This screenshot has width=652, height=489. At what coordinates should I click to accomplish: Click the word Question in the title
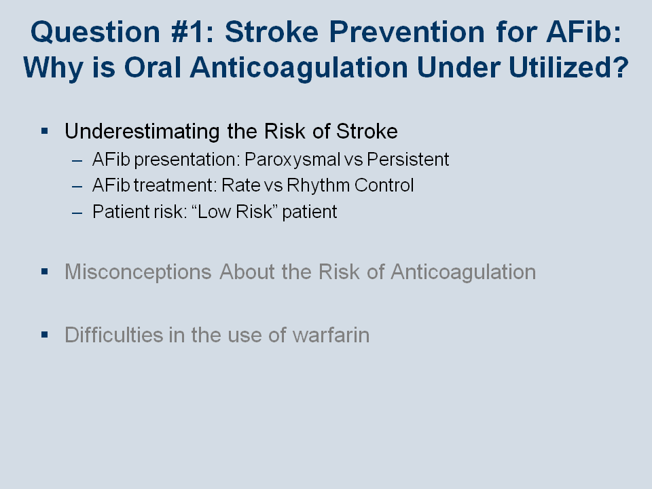(95, 33)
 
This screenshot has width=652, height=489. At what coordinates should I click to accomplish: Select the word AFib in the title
(583, 32)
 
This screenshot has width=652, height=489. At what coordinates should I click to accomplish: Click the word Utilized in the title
(568, 67)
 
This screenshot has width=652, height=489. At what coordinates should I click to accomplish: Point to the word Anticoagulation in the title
(299, 68)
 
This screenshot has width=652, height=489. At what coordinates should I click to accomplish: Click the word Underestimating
(142, 132)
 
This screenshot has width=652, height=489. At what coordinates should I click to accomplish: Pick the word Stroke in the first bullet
(367, 131)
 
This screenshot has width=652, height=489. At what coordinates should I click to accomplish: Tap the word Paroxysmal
(292, 160)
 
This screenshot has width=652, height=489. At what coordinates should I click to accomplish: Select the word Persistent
(407, 159)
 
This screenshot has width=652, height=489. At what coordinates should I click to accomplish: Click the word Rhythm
(318, 186)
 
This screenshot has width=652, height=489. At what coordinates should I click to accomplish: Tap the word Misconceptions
(138, 272)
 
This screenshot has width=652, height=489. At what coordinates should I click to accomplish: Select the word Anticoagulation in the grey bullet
(463, 272)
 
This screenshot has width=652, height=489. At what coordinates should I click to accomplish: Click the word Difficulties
(114, 335)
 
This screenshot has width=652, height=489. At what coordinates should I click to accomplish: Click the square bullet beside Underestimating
(45, 131)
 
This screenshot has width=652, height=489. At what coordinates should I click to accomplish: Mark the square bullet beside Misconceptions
(45, 272)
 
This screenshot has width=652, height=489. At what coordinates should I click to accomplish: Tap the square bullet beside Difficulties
(45, 335)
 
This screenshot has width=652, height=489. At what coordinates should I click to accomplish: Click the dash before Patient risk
(77, 213)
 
